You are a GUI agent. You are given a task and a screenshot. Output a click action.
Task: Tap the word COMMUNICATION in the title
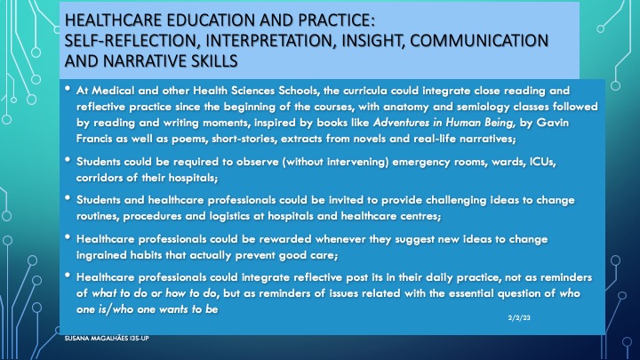(479, 41)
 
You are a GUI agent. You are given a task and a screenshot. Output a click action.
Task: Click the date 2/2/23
(519, 317)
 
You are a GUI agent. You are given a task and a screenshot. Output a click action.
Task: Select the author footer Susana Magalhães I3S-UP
(107, 338)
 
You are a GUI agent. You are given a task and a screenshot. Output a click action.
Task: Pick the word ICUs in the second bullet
(543, 162)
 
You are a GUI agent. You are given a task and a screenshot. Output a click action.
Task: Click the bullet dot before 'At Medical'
(68, 88)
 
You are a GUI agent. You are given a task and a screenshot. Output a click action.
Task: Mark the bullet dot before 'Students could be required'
(68, 160)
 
